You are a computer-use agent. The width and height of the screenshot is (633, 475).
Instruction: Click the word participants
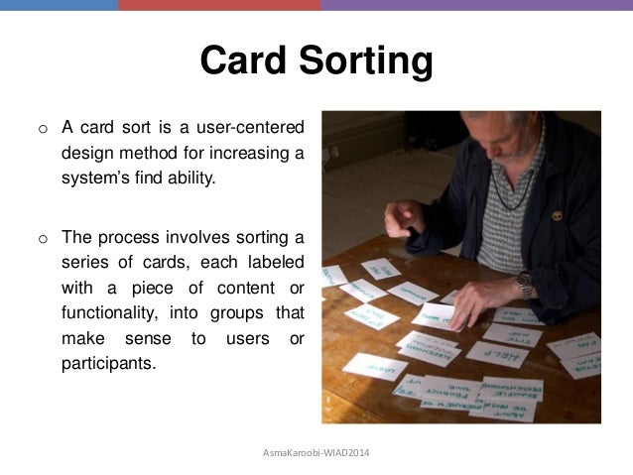[x=109, y=364]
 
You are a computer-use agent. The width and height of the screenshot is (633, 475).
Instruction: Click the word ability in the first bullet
[x=187, y=179]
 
